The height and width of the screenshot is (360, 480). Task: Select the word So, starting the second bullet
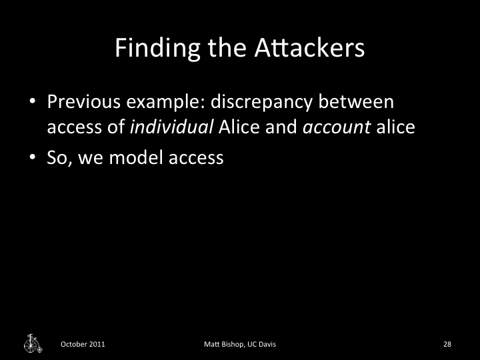60,159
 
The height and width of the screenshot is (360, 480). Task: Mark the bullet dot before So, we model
32,159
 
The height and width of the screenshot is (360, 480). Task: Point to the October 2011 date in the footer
83,344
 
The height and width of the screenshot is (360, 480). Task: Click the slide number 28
447,344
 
